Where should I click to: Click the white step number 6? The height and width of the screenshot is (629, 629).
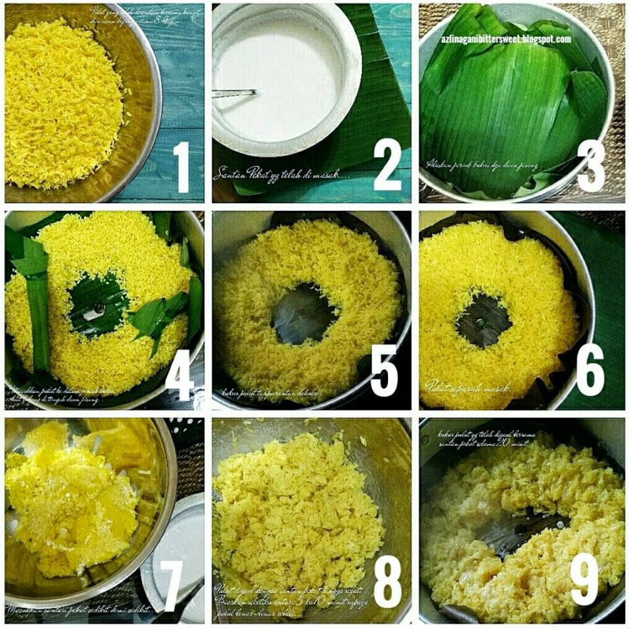tap(590, 371)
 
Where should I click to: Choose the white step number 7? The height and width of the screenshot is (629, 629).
tap(172, 586)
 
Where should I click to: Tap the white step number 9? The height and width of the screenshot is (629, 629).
tap(584, 581)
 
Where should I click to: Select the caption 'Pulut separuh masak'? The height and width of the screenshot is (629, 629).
tap(467, 387)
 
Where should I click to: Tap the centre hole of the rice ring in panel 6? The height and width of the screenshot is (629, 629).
tap(484, 320)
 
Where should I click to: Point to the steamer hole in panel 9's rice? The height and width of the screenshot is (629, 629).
tap(521, 531)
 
